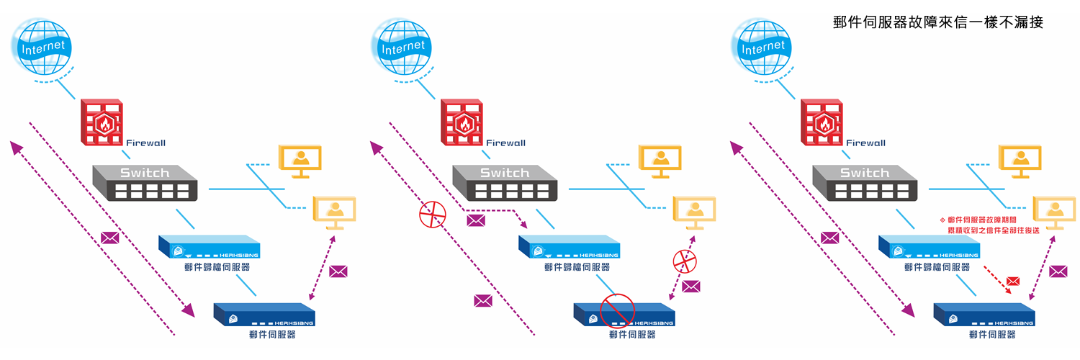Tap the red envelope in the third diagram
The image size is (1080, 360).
click(x=1013, y=280)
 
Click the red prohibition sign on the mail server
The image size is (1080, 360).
click(x=616, y=311)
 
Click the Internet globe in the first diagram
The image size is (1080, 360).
click(x=44, y=48)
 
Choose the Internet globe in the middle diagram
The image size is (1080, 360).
click(x=404, y=48)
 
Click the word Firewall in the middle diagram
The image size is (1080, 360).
click(x=505, y=143)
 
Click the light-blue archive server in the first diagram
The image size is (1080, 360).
click(x=209, y=247)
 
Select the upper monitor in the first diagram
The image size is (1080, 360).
click(x=300, y=161)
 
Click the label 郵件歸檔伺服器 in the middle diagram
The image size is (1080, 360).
click(x=577, y=267)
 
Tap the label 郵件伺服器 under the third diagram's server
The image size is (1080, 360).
click(x=992, y=335)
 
